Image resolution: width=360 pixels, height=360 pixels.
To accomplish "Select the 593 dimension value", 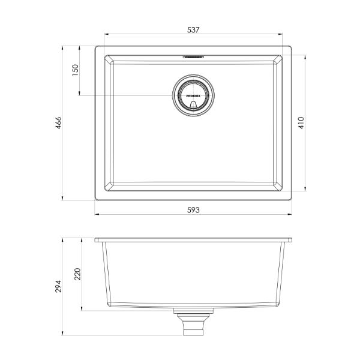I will pos(193,210).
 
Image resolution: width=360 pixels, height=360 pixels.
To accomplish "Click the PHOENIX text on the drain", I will pos(193,95).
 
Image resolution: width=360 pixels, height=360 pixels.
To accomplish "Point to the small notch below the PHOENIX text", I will pos(193,104).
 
